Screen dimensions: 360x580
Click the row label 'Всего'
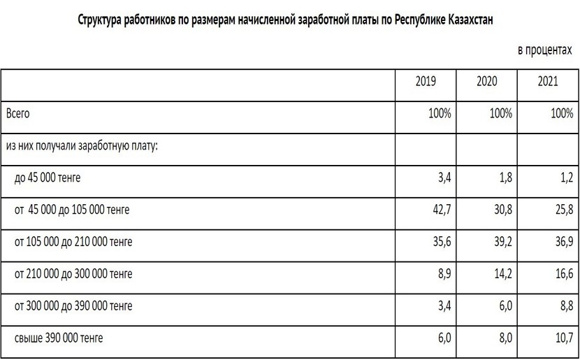(18, 113)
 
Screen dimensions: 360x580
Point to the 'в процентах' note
(544, 52)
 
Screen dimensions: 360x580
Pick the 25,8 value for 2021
(563, 210)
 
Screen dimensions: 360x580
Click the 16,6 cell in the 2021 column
(563, 274)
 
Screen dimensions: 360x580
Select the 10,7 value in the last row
(563, 339)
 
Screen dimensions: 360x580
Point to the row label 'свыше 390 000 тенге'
(59, 339)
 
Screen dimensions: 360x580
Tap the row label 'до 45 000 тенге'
(48, 178)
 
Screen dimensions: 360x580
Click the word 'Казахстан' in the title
(470, 20)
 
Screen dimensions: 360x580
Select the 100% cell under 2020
(501, 113)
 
